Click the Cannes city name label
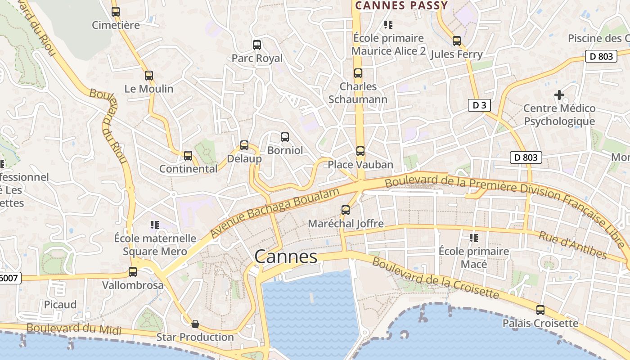(286, 257)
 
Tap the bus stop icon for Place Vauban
(360, 151)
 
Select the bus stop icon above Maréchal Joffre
(345, 210)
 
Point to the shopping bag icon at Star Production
(195, 324)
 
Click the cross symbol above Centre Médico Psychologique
(559, 95)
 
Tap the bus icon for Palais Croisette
(540, 310)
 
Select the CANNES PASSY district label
(401, 6)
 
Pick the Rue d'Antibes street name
(572, 246)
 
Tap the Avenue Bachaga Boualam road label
(274, 213)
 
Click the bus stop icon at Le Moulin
(149, 76)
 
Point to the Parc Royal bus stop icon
(257, 45)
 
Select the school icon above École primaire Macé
(473, 238)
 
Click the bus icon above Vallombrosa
(132, 272)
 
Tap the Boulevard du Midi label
(74, 328)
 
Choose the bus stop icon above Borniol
(284, 137)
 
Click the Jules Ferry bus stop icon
(457, 41)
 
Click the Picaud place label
(60, 305)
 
